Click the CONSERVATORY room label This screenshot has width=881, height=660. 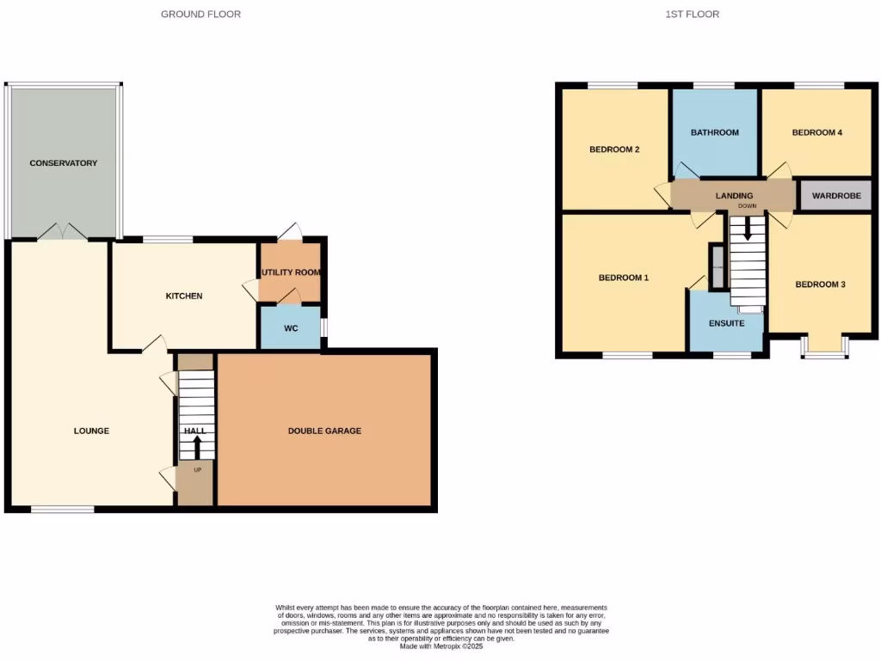pyautogui.click(x=63, y=162)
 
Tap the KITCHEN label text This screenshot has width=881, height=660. pyautogui.click(x=184, y=296)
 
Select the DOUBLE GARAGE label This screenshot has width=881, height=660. pyautogui.click(x=324, y=431)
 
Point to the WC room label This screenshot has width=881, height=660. pyautogui.click(x=291, y=328)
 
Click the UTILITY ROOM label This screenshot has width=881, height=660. pyautogui.click(x=291, y=272)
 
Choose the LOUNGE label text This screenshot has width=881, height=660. pyautogui.click(x=91, y=431)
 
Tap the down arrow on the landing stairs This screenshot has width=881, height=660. pyautogui.click(x=747, y=227)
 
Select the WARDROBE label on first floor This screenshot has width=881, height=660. pyautogui.click(x=836, y=196)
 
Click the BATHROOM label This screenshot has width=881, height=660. pyautogui.click(x=715, y=132)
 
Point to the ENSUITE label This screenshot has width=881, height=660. pyautogui.click(x=726, y=323)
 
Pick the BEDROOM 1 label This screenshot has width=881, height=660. pyautogui.click(x=624, y=278)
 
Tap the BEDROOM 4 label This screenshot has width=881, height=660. pyautogui.click(x=816, y=132)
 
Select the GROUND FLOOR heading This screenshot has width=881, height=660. pyautogui.click(x=200, y=14)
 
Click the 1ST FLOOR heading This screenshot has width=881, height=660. pyautogui.click(x=692, y=14)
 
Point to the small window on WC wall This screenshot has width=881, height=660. pyautogui.click(x=323, y=328)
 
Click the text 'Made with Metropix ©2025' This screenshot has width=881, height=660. pyautogui.click(x=441, y=646)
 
